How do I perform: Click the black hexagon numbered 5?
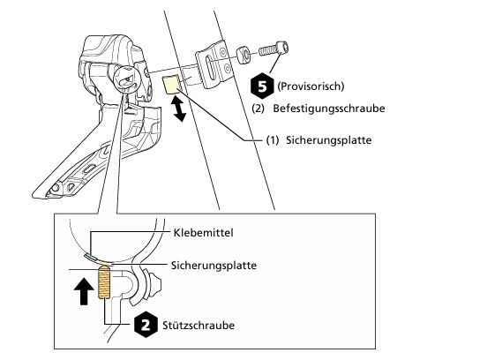(x=262, y=86)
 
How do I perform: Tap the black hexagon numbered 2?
(x=146, y=325)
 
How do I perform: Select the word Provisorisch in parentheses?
(x=311, y=86)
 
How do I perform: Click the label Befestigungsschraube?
(x=329, y=109)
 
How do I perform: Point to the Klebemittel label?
(x=203, y=233)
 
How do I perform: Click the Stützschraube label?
(x=199, y=326)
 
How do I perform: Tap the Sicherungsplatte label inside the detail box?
(x=214, y=266)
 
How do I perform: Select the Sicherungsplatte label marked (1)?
(x=328, y=140)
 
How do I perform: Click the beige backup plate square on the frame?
(x=171, y=84)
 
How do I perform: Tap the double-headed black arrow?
(x=179, y=109)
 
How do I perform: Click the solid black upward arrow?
(x=84, y=291)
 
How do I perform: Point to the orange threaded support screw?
(x=104, y=282)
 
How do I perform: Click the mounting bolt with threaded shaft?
(x=273, y=49)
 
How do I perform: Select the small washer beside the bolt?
(x=243, y=55)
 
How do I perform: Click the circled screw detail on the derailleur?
(x=127, y=79)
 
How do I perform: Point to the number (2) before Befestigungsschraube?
(x=258, y=109)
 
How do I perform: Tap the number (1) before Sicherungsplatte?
(x=273, y=140)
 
